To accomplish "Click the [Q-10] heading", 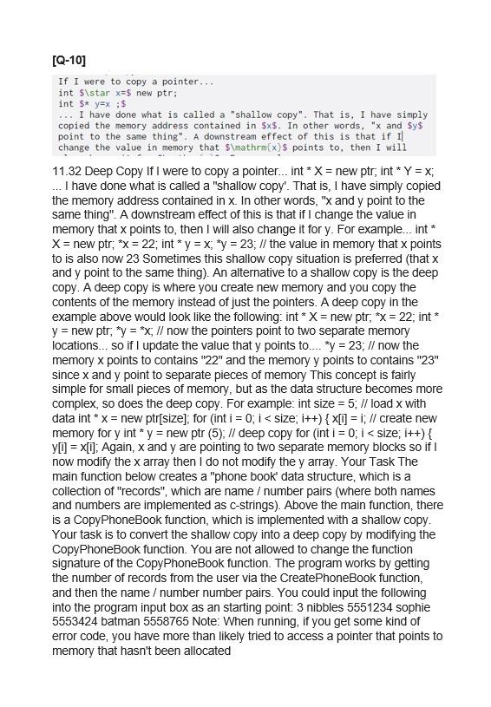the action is pos(69,60).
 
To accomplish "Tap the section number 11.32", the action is pos(69,171).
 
